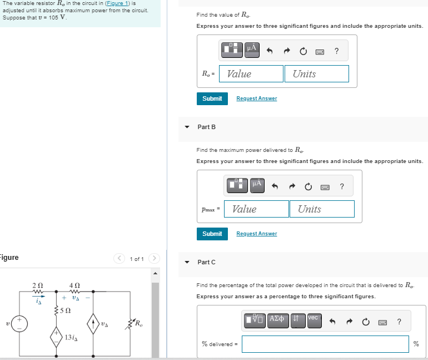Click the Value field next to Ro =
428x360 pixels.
click(x=251, y=74)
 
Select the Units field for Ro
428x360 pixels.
click(x=317, y=74)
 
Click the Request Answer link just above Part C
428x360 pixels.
click(x=256, y=234)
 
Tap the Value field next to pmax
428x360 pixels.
click(x=256, y=209)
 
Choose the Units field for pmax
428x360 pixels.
click(x=322, y=209)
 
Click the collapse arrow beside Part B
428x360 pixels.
click(x=187, y=127)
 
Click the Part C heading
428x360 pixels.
click(x=206, y=262)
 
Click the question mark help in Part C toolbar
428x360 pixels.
click(x=399, y=321)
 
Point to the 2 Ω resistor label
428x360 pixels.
click(x=37, y=286)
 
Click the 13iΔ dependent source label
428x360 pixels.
click(x=71, y=337)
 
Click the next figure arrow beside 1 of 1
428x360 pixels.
click(x=154, y=259)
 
